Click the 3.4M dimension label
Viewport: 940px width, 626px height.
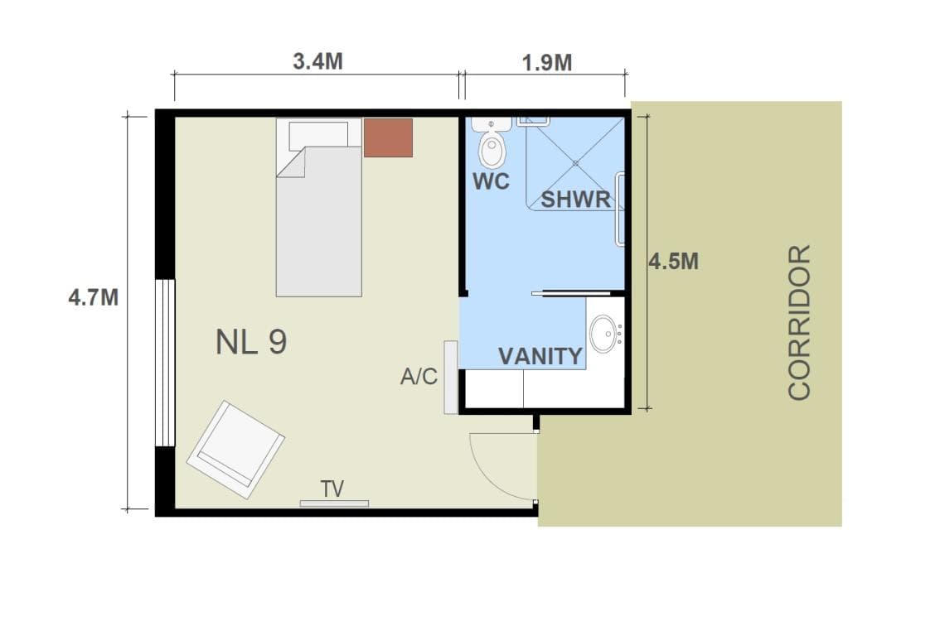[x=317, y=61]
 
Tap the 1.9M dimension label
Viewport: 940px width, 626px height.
[x=547, y=62]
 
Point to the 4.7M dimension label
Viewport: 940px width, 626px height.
[x=94, y=297]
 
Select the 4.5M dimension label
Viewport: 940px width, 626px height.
[x=673, y=261]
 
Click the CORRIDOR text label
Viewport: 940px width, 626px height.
[x=799, y=321]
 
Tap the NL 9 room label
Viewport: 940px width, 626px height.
[x=251, y=342]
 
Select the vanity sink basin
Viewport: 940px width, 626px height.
[x=603, y=333]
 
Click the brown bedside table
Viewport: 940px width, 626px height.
[x=389, y=137]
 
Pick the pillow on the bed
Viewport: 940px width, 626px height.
[x=318, y=136]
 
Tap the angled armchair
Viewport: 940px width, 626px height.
[x=235, y=450]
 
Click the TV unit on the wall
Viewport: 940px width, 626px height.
[x=335, y=503]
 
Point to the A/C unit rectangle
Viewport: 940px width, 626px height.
[x=451, y=378]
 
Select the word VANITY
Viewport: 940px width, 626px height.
[x=540, y=356]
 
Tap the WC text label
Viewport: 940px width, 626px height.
[x=491, y=181]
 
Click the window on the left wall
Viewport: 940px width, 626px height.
[x=165, y=363]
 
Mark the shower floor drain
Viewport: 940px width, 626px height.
[x=575, y=162]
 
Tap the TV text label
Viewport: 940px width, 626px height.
[x=332, y=489]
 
